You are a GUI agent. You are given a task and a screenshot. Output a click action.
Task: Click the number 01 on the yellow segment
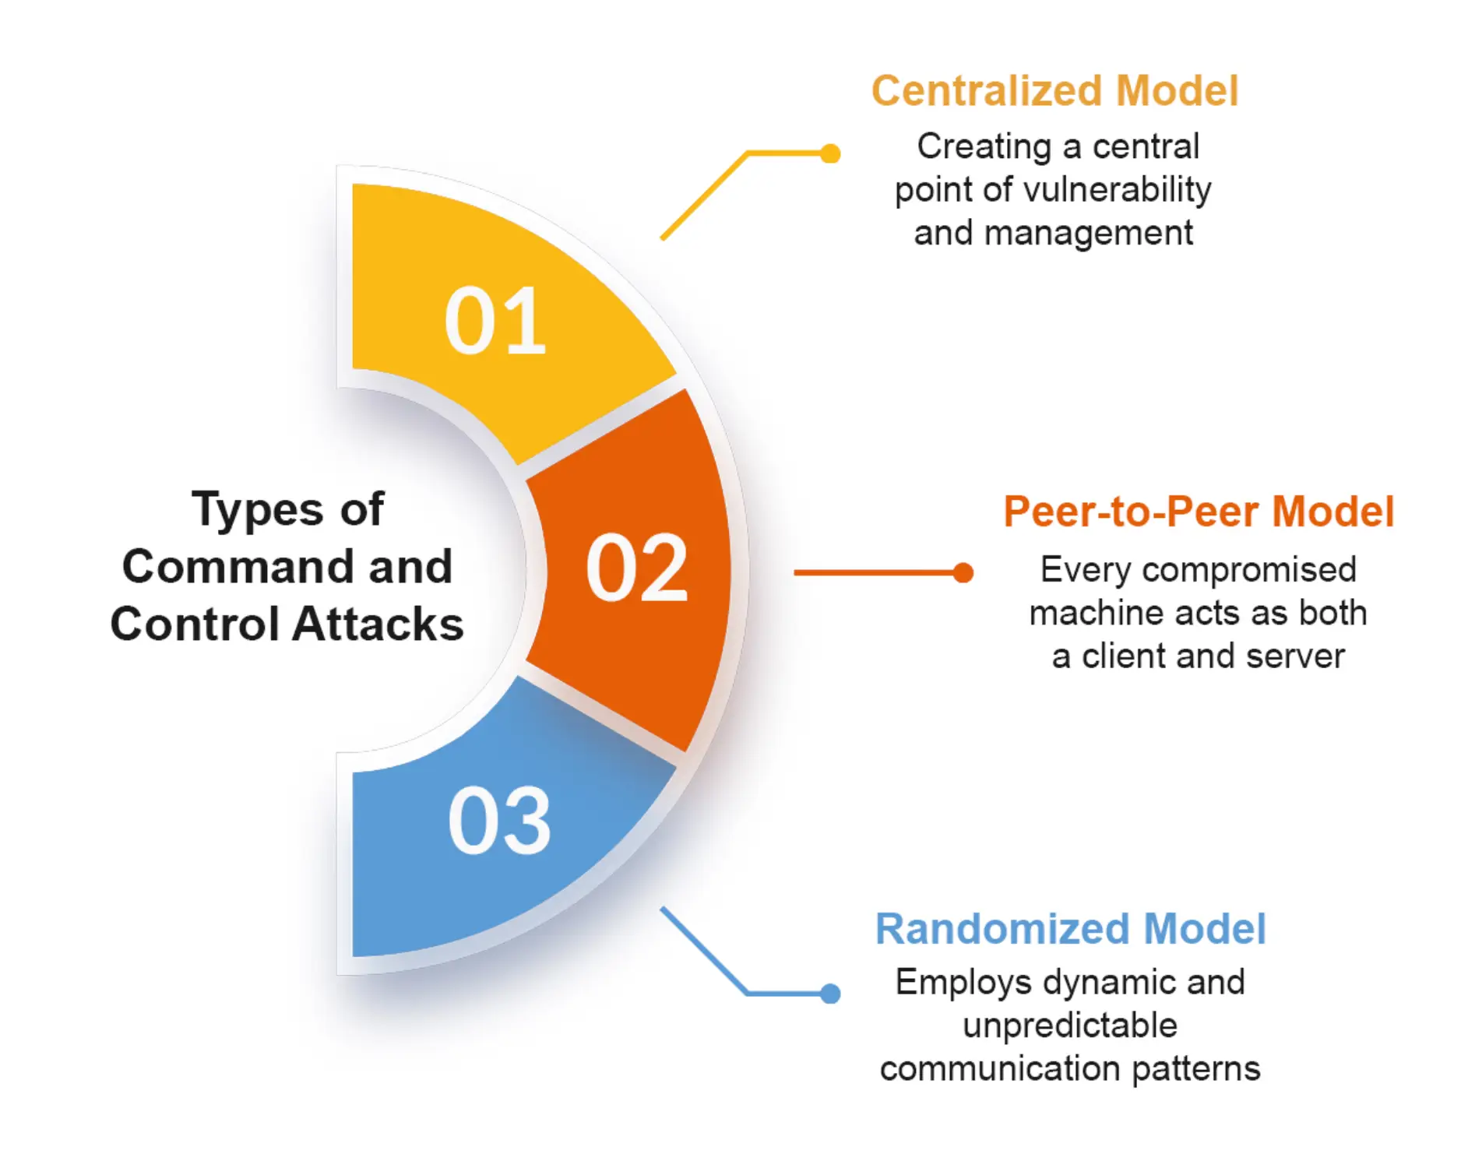coord(495,321)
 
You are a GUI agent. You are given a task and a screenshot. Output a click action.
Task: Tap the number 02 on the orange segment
coord(636,569)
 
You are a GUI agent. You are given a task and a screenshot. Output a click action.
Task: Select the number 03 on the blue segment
coord(499,821)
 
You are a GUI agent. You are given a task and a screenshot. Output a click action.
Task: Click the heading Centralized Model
coord(1054,91)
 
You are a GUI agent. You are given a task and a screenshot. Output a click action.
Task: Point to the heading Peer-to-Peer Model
coord(1198,512)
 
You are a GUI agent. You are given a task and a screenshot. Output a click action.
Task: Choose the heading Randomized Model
coord(1070,928)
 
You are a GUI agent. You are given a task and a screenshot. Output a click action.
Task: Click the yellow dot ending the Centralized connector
coord(830,153)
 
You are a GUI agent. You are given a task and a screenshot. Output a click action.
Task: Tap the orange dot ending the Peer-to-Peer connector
coord(963,573)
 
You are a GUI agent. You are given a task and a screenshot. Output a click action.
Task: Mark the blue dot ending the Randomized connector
coord(830,994)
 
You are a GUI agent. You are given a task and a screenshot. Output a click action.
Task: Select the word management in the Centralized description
coord(1088,233)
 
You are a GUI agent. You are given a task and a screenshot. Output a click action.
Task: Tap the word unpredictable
coord(1069,1026)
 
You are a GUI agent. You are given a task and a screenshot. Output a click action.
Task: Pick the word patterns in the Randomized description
coord(1195,1068)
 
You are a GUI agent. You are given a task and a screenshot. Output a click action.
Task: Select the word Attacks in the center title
coord(378,624)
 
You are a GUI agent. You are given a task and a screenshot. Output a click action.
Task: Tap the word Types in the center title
coord(257,510)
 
